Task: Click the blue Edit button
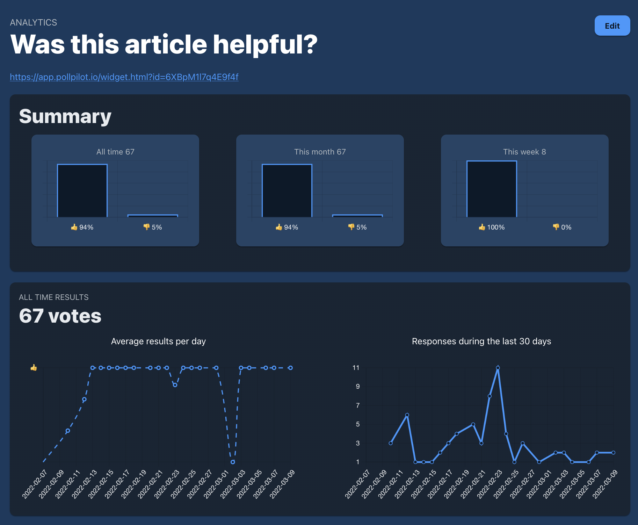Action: pos(612,26)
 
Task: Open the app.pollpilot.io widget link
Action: pos(124,77)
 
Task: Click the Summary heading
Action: pos(65,116)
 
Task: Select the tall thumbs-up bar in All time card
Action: pos(82,190)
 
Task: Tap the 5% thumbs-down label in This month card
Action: pos(357,227)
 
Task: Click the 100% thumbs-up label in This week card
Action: pos(492,227)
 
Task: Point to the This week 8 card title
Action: pos(524,152)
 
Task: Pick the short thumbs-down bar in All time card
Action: pos(153,216)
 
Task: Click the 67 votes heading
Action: pos(60,316)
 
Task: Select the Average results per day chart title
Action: pos(158,341)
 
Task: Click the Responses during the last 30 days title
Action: pos(481,341)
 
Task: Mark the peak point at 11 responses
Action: pos(498,368)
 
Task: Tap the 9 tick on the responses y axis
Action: pos(358,387)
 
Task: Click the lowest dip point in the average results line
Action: pos(233,462)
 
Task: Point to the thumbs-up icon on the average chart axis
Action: pos(34,367)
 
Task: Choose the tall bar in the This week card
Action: pos(492,189)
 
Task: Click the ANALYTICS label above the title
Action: pos(34,22)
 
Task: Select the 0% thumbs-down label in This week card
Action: pos(562,227)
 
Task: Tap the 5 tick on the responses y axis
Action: pos(358,424)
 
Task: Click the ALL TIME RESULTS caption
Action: pos(54,297)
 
